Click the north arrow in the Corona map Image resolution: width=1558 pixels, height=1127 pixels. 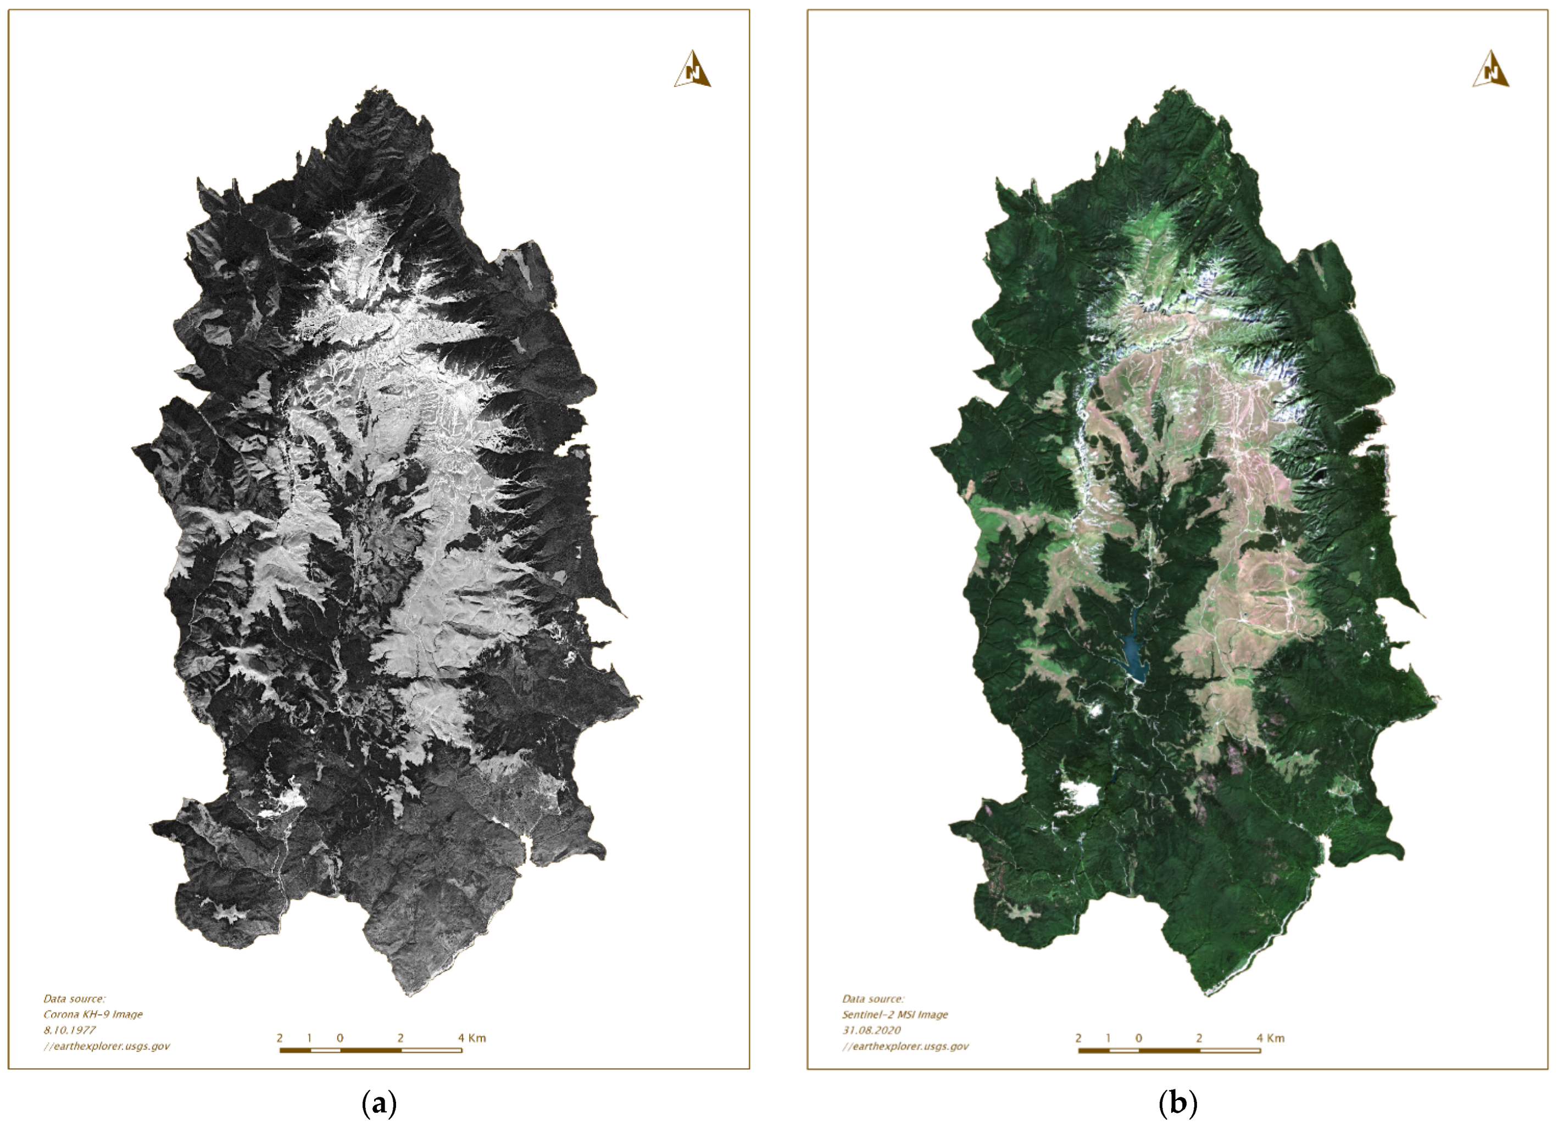(692, 69)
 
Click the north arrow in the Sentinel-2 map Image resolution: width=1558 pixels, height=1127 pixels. (1490, 69)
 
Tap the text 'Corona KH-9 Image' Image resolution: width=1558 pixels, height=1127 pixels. (93, 1014)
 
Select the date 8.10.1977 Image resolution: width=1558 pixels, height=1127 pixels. (69, 1030)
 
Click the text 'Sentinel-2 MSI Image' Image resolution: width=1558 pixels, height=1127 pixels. (895, 1014)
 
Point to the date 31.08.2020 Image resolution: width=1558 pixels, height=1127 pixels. (871, 1030)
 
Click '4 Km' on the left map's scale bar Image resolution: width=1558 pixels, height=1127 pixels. (472, 1037)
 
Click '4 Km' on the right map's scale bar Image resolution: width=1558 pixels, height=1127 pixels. (1270, 1037)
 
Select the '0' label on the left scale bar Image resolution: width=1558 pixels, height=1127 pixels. (340, 1037)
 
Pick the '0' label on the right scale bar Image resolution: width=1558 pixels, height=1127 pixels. (1138, 1037)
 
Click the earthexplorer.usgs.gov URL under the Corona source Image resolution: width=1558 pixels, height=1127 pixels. (107, 1046)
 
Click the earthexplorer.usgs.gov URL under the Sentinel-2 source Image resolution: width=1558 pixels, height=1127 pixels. (905, 1046)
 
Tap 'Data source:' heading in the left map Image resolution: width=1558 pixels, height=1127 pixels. (74, 998)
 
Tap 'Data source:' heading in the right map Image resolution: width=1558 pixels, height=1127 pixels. (873, 998)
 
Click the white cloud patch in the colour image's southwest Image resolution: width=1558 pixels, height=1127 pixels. (1080, 795)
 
